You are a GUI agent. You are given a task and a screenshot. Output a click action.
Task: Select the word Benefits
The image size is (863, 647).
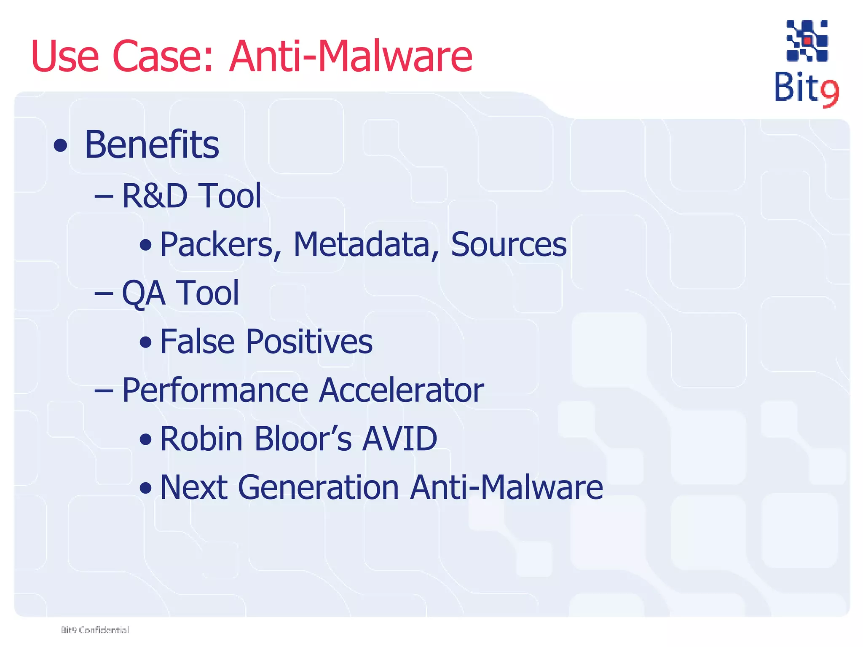point(152,144)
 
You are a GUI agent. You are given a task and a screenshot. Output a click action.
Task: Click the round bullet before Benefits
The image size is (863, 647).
point(61,146)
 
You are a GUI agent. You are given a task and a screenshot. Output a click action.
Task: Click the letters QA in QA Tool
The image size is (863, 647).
point(143,293)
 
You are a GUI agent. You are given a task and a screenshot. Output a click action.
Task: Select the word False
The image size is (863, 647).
point(197,341)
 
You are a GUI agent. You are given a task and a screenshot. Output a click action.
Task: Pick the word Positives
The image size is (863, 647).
point(309,341)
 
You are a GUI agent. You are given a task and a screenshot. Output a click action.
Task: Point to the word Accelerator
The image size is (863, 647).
point(401,390)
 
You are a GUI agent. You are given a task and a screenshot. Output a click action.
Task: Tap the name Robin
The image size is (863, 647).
point(201,439)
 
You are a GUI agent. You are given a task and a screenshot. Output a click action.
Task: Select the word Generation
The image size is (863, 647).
point(318,487)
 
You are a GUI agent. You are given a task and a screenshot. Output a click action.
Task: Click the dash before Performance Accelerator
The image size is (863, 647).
point(104,391)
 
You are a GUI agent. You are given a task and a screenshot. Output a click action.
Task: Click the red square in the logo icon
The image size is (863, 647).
point(807,41)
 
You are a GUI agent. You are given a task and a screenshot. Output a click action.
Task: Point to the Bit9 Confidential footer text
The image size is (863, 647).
point(95,630)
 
